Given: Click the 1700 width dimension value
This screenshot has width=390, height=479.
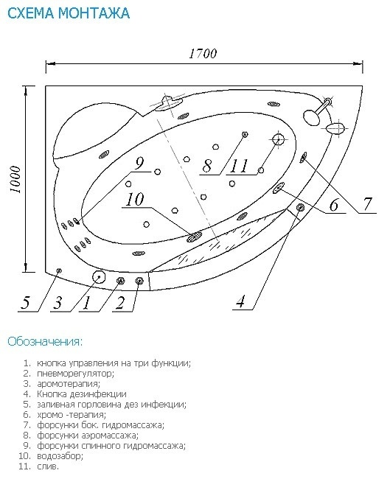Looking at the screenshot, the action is (x=203, y=54).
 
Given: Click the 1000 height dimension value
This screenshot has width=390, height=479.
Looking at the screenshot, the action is (x=15, y=180).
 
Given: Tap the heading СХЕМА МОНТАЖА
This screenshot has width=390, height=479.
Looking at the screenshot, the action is (x=69, y=13).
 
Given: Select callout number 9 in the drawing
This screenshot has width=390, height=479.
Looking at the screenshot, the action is (x=139, y=163).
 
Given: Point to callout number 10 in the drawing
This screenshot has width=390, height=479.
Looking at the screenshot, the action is (x=135, y=199).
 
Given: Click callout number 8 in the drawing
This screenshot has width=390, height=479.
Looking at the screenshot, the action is (x=207, y=167).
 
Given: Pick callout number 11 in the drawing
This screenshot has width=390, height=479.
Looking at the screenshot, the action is (x=240, y=167).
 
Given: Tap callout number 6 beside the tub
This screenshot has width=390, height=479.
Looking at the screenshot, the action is (x=334, y=205).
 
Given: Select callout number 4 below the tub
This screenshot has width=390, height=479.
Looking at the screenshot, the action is (x=240, y=301).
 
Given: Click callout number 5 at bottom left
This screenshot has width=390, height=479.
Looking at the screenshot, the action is (x=25, y=303).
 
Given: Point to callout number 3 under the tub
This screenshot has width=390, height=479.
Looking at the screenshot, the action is (x=58, y=303).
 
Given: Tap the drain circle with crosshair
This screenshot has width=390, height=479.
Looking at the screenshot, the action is (x=278, y=140).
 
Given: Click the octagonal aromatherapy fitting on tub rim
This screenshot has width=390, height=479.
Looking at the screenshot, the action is (x=99, y=277).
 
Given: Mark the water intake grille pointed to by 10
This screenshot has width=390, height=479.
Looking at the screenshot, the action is (x=195, y=236).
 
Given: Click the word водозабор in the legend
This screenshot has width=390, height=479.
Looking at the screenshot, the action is (x=60, y=456).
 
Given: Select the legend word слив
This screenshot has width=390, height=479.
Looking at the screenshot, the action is (x=48, y=466).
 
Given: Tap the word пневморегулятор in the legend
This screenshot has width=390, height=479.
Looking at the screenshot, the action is (x=75, y=374).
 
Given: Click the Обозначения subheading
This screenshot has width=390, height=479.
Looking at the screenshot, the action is (x=45, y=341).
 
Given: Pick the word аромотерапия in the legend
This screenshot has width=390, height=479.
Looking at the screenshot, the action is (x=69, y=384).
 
